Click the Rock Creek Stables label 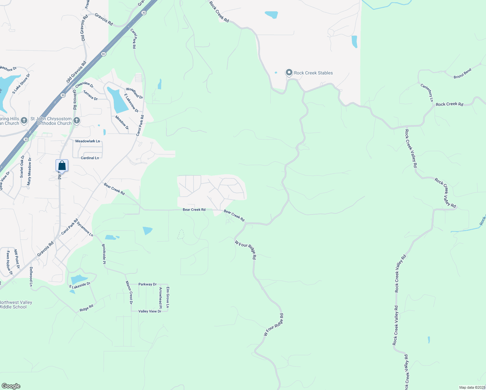click(313, 73)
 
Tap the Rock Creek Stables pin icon click(289, 72)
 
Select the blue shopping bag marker click(62, 166)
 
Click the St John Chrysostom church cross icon click(77, 121)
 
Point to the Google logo click(11, 386)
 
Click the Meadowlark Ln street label click(88, 141)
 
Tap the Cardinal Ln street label click(90, 158)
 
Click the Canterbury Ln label click(427, 93)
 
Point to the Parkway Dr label click(147, 284)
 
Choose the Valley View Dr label click(150, 311)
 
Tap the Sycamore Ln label click(85, 229)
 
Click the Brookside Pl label click(104, 254)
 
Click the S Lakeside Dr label click(80, 285)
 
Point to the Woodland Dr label click(134, 93)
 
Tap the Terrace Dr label click(91, 96)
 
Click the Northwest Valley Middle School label click(16, 305)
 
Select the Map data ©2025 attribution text click(472, 387)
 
